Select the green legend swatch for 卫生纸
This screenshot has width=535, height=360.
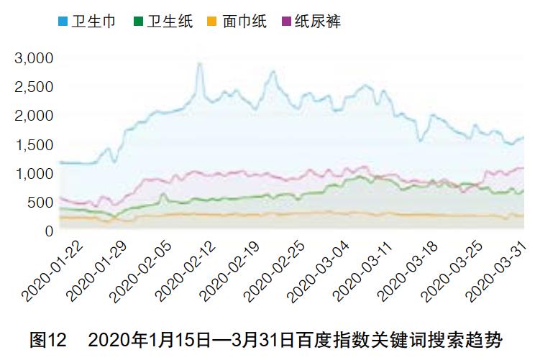pos(138,22)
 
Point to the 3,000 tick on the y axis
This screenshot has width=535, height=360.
pos(34,57)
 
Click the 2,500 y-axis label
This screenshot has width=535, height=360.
pos(34,87)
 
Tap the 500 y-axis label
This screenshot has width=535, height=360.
pos(40,203)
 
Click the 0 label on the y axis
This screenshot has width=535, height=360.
pos(49,231)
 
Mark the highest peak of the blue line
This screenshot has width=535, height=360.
pos(200,64)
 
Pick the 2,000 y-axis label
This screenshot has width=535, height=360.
pos(34,116)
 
